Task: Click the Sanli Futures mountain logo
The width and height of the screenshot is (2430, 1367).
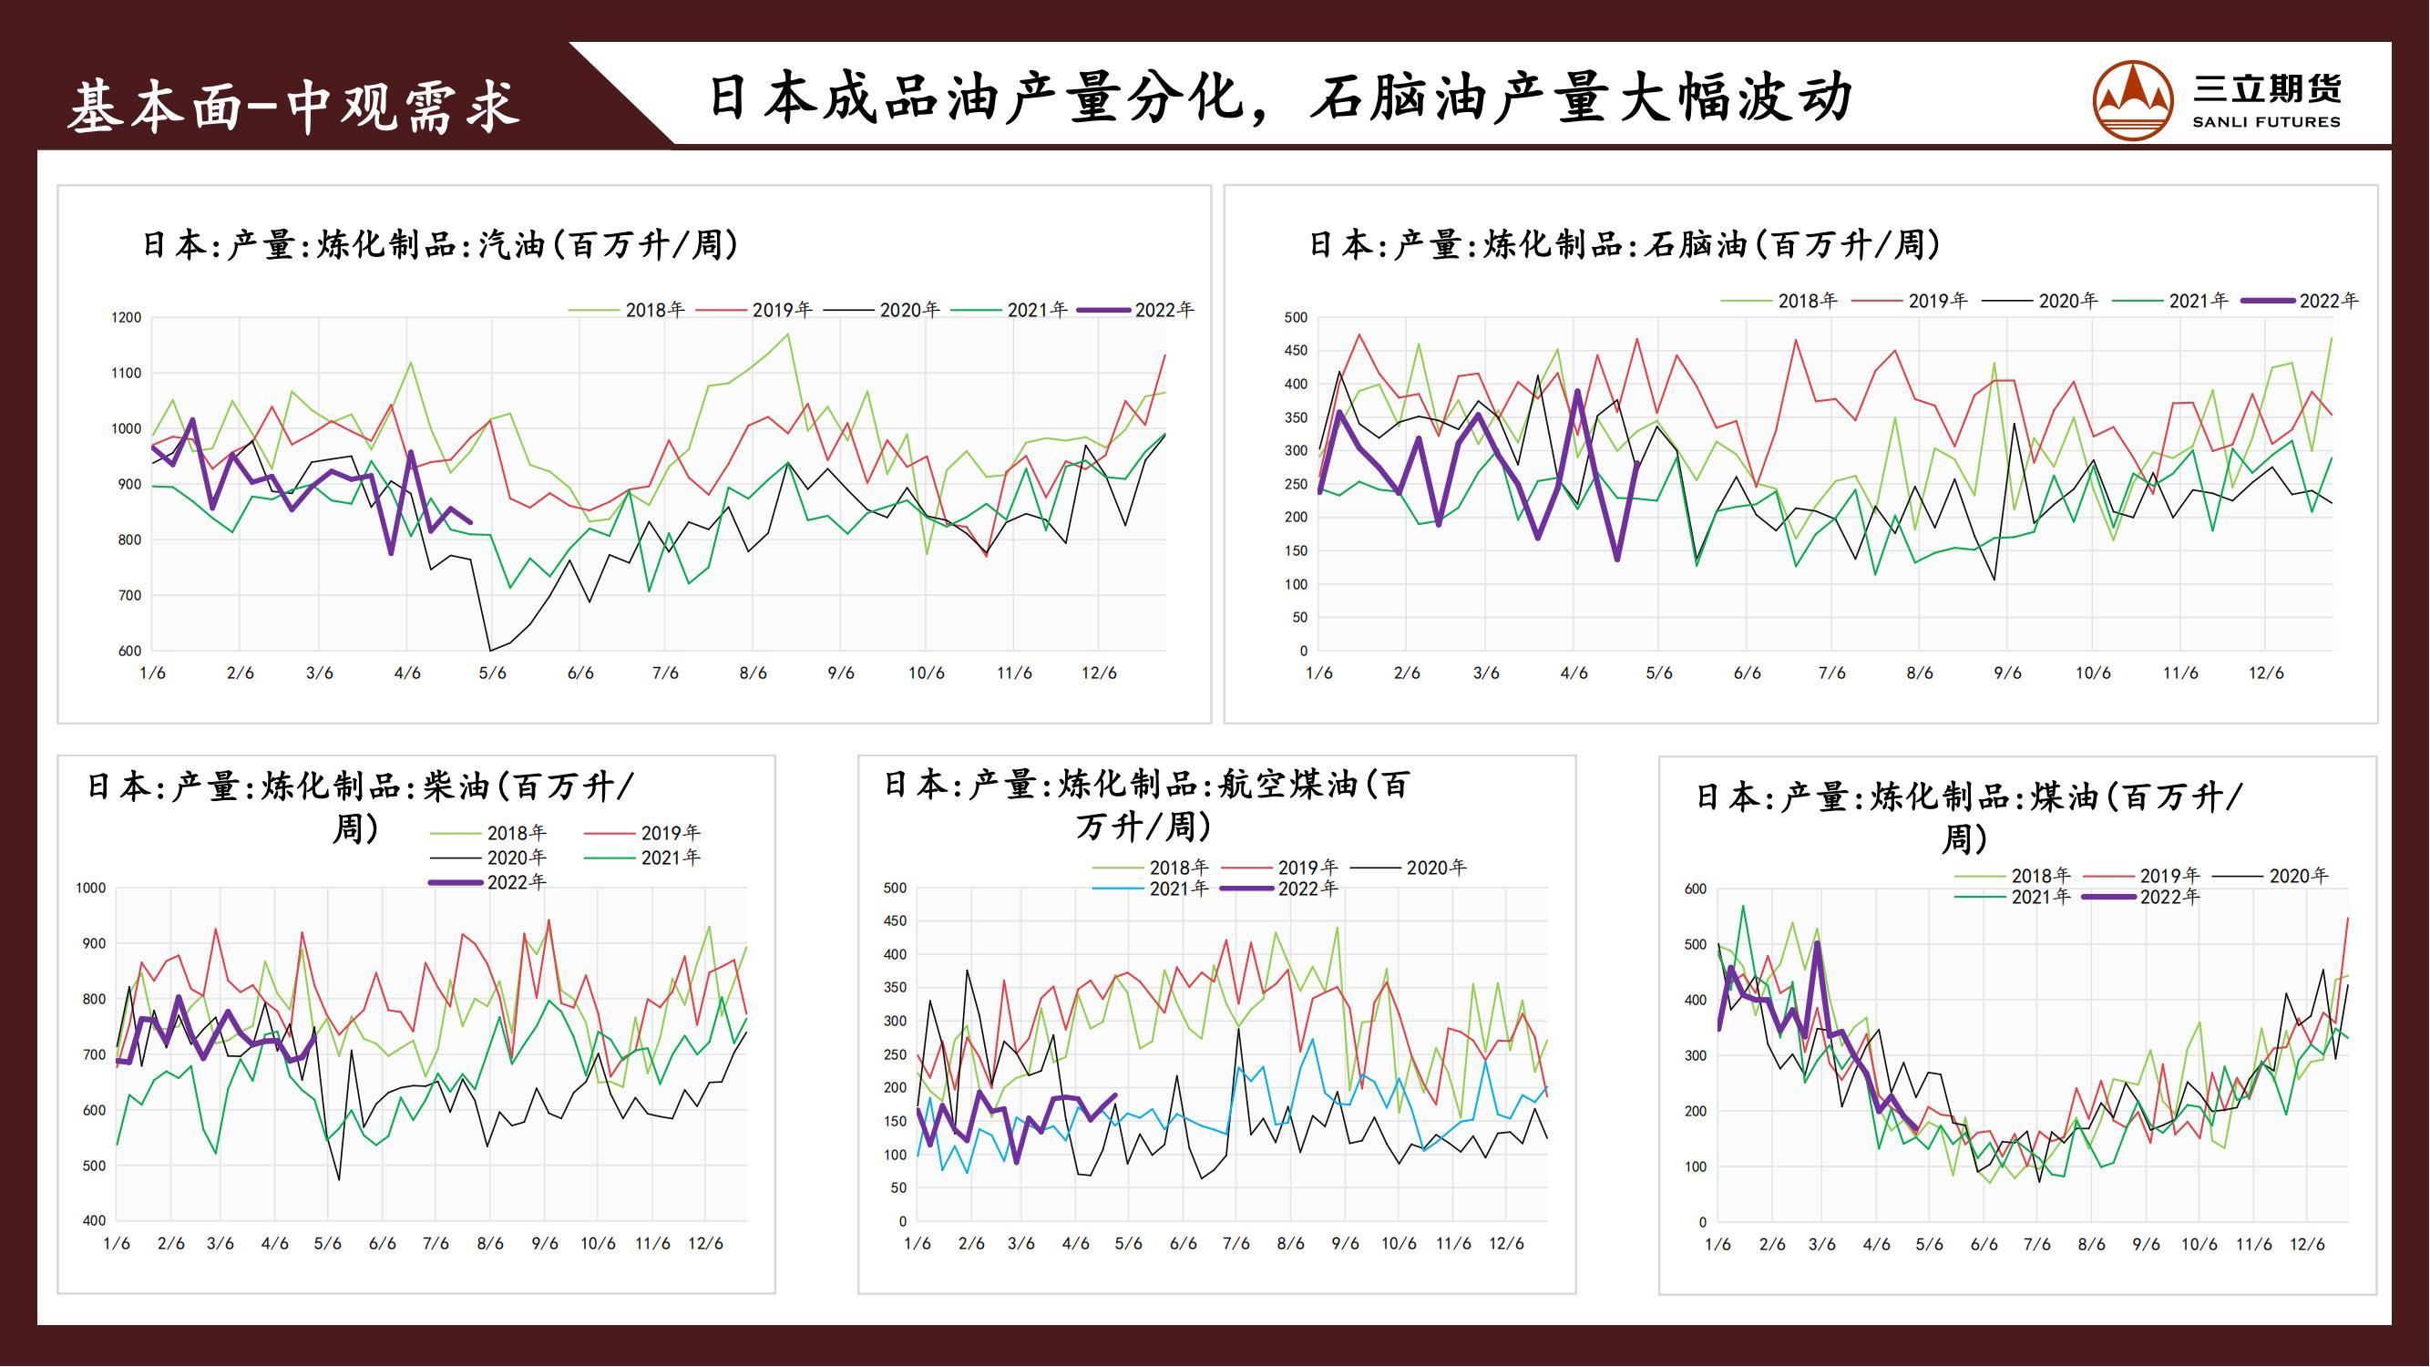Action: (2132, 99)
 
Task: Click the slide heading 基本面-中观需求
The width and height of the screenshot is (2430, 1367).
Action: (293, 105)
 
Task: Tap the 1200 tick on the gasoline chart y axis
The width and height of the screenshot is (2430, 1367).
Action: (127, 318)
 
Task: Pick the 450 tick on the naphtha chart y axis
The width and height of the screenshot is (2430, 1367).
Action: (1297, 351)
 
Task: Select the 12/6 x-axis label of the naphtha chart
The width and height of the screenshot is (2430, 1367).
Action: (2266, 673)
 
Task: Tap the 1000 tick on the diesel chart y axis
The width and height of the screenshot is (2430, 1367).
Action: (90, 888)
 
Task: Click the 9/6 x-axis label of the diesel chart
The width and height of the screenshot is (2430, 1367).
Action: (544, 1243)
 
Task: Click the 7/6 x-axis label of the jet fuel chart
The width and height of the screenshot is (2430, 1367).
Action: (1236, 1243)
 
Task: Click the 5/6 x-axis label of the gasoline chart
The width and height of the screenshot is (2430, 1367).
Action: (492, 673)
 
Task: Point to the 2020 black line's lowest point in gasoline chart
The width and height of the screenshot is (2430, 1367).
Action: (489, 650)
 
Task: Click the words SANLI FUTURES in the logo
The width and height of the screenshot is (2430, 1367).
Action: (2266, 122)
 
